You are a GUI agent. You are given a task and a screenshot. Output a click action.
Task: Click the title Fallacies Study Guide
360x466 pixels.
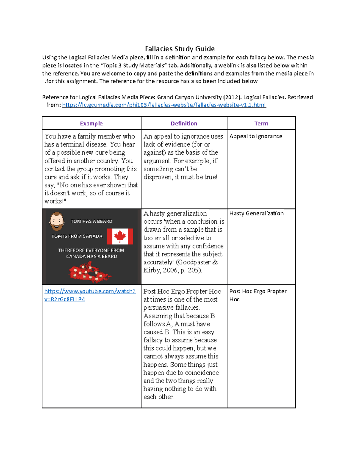180,49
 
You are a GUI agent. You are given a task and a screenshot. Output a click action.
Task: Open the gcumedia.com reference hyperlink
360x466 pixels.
164,105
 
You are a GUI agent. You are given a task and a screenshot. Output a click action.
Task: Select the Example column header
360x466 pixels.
91,123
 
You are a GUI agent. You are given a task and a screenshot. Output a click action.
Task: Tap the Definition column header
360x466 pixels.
184,123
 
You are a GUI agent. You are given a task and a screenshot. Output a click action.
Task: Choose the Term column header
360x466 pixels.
261,123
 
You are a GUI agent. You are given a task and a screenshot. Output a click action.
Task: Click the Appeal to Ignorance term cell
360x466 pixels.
256,136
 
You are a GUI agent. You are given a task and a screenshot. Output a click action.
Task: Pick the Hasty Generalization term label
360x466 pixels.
256,213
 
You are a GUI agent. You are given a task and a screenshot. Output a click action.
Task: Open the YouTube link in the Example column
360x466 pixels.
90,291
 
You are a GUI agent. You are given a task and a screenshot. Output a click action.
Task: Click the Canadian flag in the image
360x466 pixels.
120,236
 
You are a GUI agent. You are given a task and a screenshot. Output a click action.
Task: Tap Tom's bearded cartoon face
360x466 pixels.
56,221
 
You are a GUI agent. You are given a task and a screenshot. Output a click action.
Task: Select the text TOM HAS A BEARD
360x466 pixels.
91,221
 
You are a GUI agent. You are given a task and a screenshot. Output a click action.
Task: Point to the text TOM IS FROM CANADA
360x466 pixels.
77,236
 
